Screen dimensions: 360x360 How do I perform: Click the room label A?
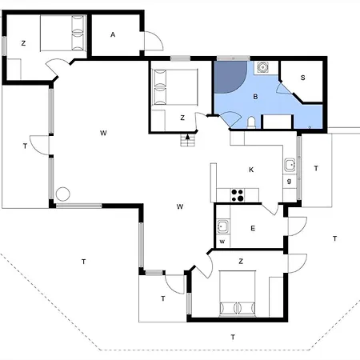coord(114,34)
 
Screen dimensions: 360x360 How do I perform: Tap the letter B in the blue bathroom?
coord(255,96)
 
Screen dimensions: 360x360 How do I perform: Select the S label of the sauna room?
coord(304,78)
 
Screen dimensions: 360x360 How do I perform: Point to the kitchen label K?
coord(251,170)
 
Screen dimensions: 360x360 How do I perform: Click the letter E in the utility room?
coord(253,229)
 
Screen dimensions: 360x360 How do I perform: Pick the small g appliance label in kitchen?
coord(290,181)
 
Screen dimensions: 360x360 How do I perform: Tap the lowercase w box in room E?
coord(222,241)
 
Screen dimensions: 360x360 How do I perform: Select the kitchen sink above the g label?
coord(290,166)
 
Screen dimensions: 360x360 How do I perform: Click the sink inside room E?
coord(222,225)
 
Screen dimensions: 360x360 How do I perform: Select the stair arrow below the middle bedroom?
coord(188,138)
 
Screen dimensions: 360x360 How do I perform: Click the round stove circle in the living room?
coord(62,194)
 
